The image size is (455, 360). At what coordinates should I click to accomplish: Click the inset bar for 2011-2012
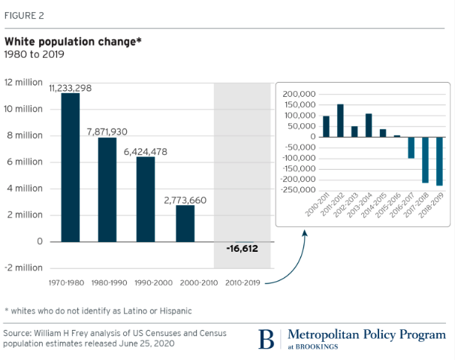point(340,120)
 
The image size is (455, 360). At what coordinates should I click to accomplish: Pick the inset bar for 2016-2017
point(411,147)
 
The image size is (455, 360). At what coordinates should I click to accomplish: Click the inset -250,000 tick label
point(297,190)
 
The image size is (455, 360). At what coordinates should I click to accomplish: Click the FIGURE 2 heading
point(25,14)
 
